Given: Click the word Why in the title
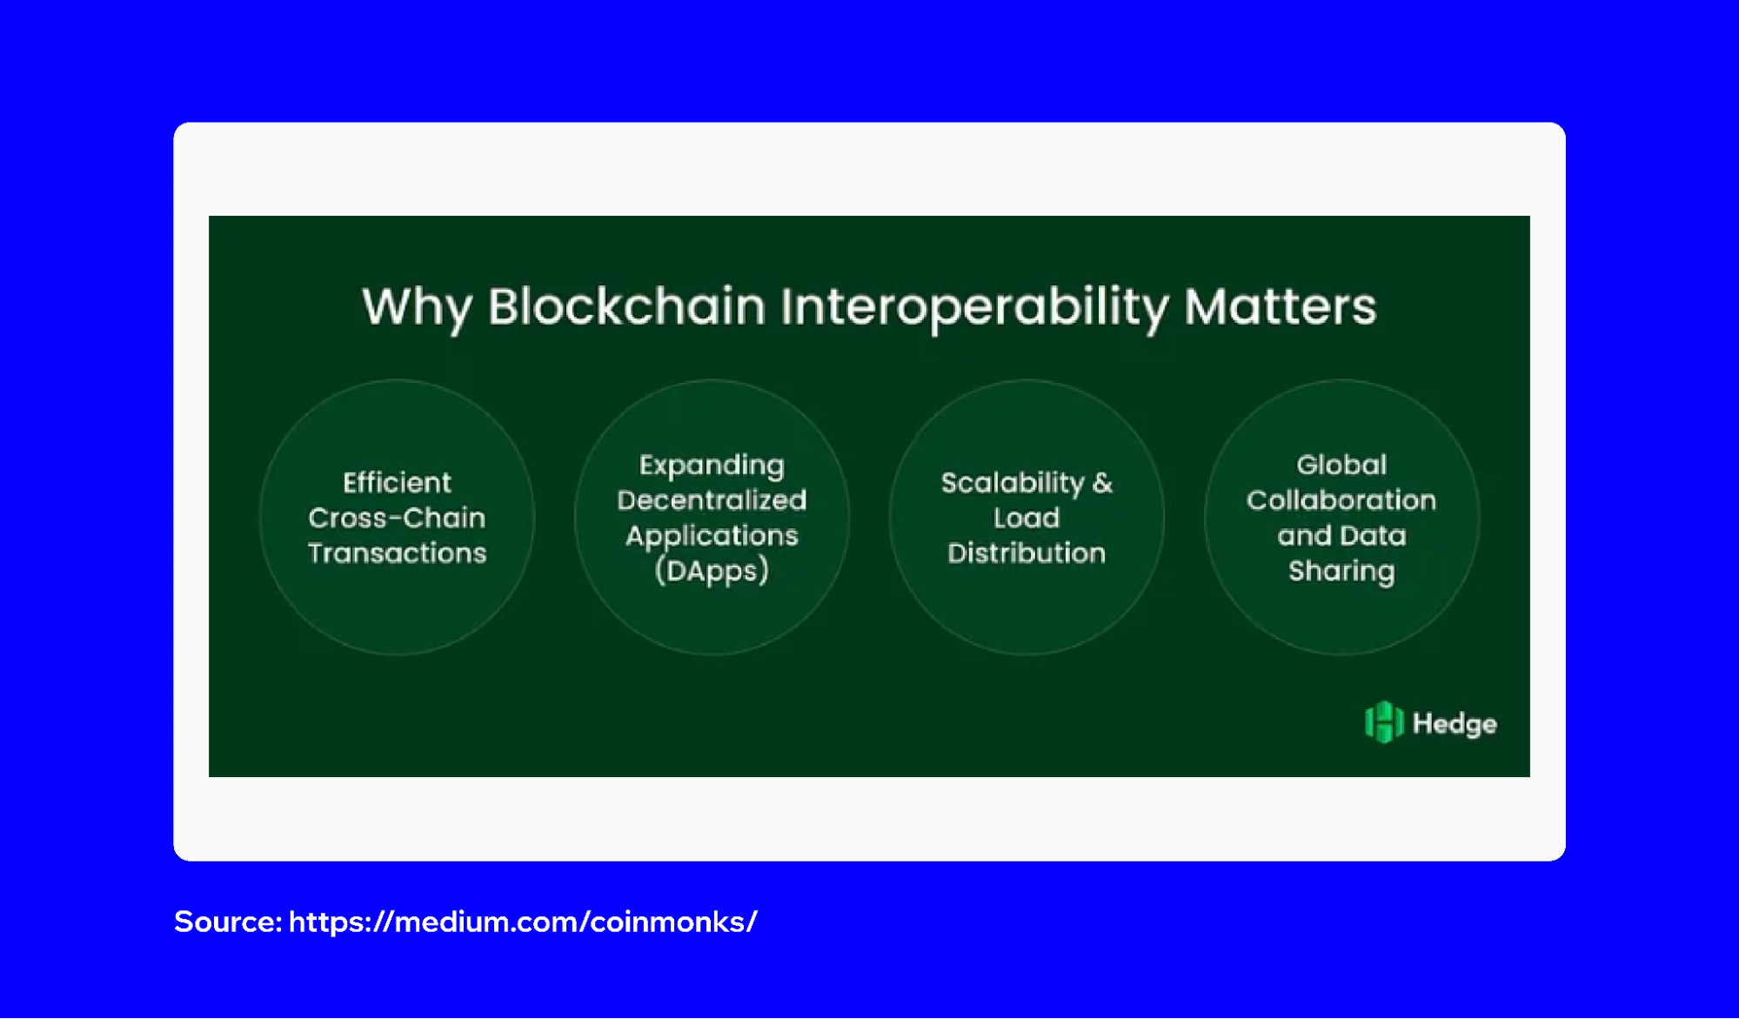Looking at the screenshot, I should click(417, 307).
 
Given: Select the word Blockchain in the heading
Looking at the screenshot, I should click(626, 307).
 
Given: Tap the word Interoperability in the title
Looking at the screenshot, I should click(974, 307).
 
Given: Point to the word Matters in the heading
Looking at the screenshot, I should click(1280, 307).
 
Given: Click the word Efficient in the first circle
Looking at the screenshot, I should click(397, 483).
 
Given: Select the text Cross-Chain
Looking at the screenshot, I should click(397, 518).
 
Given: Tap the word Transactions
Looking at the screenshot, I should click(397, 553).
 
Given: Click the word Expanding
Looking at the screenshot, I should click(712, 466).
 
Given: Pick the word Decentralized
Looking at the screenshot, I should click(712, 500).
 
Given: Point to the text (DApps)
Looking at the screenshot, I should click(712, 571).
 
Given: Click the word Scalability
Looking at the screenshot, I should click(1013, 483).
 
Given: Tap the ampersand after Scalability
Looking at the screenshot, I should click(1103, 483).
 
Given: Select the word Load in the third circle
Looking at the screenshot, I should click(1027, 518).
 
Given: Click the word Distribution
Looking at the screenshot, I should click(1027, 553).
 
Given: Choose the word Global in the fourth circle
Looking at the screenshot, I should click(1341, 466).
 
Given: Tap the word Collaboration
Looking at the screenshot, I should click(1341, 500).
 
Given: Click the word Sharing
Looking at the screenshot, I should click(1341, 571).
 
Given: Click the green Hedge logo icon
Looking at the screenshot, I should click(1383, 722).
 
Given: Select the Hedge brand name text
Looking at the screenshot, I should click(1455, 724).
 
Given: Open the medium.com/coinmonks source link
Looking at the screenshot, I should click(522, 922).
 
